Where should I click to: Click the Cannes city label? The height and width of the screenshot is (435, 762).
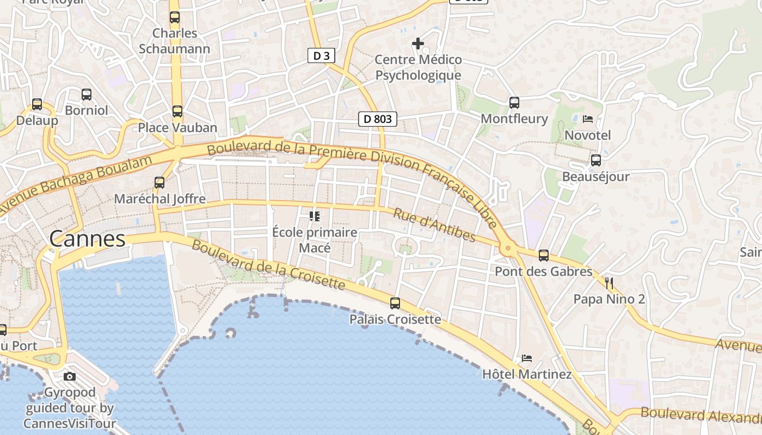[87, 239]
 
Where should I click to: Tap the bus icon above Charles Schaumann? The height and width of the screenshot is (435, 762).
[174, 17]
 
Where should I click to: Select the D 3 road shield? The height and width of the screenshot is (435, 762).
[321, 55]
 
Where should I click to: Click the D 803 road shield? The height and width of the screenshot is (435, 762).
[377, 119]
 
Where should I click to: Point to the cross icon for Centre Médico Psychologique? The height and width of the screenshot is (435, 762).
[418, 43]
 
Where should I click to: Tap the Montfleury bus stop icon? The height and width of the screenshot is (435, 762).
[514, 102]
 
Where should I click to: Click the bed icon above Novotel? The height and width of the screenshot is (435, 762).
[588, 119]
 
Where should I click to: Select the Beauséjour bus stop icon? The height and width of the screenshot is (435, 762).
[596, 160]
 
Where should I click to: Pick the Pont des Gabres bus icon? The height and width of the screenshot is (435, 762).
[543, 256]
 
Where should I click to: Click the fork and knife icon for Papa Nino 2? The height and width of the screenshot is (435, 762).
[609, 283]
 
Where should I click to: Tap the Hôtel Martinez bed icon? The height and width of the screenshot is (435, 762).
[527, 358]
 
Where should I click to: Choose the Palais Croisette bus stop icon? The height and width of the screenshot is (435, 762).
[395, 303]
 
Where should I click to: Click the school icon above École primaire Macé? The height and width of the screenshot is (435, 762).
[315, 216]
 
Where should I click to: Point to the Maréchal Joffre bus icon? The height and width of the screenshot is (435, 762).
[159, 183]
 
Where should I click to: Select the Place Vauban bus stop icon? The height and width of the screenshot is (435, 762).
[177, 111]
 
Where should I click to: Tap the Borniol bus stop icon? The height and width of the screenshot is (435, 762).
[87, 95]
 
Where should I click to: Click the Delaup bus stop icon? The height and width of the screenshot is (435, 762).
[37, 104]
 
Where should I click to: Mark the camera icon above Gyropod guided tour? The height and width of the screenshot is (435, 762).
[70, 376]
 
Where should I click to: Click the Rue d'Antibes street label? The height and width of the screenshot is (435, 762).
[434, 225]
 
